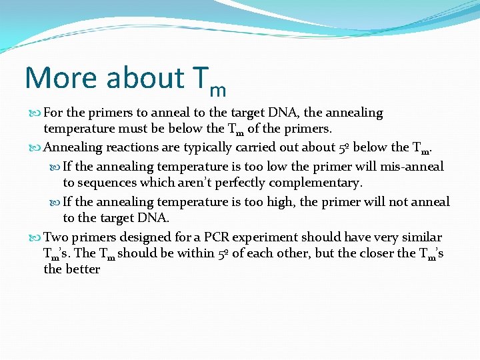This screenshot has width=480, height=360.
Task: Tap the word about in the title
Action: [145, 78]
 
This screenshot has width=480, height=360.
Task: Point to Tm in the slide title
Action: [209, 81]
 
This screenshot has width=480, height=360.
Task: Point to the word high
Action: [291, 202]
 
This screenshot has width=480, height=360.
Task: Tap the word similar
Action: [419, 237]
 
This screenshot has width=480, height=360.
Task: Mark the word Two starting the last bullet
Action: [55, 237]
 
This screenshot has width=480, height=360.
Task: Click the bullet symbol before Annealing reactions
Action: [37, 148]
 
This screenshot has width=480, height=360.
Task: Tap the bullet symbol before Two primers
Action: [37, 238]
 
